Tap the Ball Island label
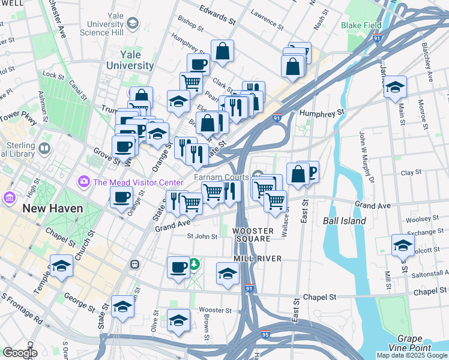pyautogui.click(x=344, y=221)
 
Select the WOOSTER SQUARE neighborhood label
pyautogui.click(x=253, y=235)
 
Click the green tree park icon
pyautogui.click(x=194, y=265)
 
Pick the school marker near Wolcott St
pyautogui.click(x=402, y=245)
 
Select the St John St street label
pyautogui.click(x=202, y=236)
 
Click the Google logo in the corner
pyautogui.click(x=20, y=353)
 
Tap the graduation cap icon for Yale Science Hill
pyautogui.click(x=133, y=23)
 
